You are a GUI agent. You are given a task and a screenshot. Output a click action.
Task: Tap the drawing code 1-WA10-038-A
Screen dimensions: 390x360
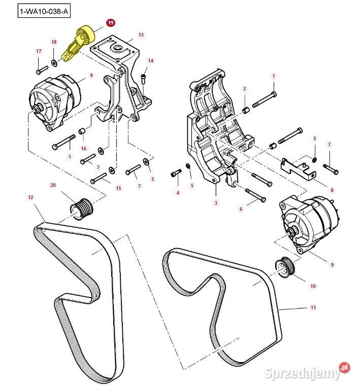click(x=43, y=11)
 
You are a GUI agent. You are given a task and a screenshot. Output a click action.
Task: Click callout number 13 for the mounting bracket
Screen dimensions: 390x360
click(x=141, y=35)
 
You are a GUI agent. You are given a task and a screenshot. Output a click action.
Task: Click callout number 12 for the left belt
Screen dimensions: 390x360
click(x=30, y=197)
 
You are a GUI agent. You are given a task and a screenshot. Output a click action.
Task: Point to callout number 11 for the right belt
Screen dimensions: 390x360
click(x=313, y=307)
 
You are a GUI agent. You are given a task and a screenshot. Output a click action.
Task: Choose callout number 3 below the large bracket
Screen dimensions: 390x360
click(x=216, y=203)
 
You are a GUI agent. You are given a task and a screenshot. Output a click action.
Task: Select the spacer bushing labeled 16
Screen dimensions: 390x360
click(x=81, y=135)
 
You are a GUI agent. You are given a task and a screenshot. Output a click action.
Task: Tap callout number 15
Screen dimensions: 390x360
click(x=118, y=188)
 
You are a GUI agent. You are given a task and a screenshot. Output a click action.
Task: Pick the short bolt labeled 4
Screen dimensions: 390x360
click(x=176, y=174)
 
